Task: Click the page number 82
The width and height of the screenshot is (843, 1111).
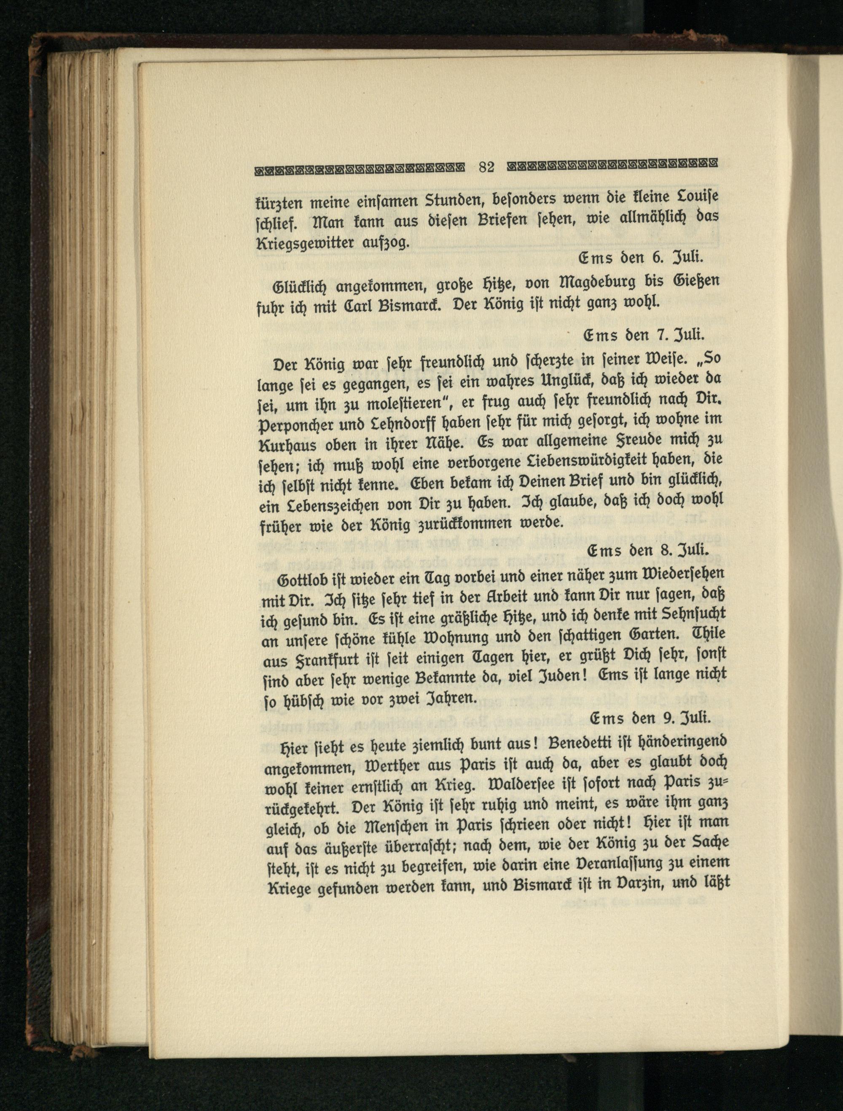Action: pyautogui.click(x=486, y=167)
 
